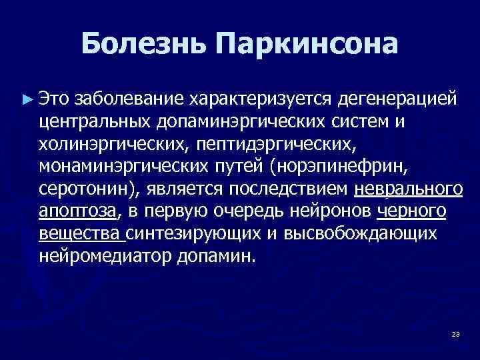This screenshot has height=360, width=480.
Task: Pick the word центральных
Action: coord(97,122)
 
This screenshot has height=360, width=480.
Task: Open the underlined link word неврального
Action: coord(408,189)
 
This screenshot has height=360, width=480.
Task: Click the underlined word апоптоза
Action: coord(78,212)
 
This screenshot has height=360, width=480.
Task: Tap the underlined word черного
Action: coord(411,212)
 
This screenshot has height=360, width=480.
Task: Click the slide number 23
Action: coord(455,333)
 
